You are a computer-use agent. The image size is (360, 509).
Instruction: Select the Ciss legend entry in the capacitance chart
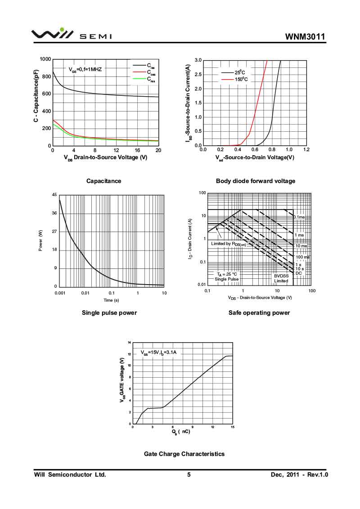click(150, 66)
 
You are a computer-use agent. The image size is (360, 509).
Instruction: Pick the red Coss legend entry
click(151, 72)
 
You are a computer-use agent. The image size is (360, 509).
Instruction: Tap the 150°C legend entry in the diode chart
click(241, 80)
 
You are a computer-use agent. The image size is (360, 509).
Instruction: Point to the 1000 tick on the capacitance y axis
click(45, 59)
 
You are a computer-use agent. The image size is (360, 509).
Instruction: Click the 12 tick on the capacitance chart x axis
click(116, 151)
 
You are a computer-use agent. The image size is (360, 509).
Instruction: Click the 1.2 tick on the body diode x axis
click(306, 150)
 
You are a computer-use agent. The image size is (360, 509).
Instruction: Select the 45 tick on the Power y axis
click(54, 195)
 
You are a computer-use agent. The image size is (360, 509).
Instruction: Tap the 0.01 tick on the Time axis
click(85, 293)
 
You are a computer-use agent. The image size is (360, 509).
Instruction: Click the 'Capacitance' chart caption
click(103, 181)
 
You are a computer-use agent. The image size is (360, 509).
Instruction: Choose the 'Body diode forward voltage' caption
click(256, 181)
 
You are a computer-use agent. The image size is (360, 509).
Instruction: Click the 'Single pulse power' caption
click(109, 313)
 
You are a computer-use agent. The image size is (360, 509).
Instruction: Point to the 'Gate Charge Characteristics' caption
click(184, 454)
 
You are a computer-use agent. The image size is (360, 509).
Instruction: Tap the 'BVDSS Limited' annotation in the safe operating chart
click(281, 278)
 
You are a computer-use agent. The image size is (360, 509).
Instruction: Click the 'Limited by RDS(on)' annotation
click(228, 244)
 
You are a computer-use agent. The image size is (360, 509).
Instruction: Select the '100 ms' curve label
click(302, 257)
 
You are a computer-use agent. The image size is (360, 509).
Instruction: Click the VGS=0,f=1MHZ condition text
click(85, 70)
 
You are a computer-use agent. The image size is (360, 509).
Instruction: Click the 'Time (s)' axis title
click(111, 300)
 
